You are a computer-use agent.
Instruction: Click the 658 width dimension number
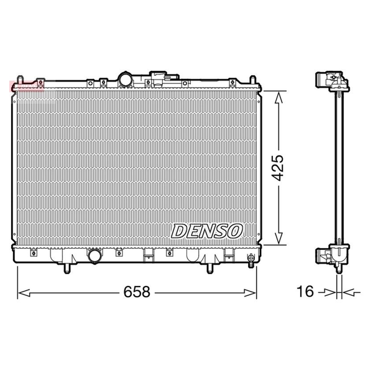click(137, 292)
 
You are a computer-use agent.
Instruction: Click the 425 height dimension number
click(278, 168)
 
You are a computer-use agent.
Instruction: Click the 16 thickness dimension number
click(305, 291)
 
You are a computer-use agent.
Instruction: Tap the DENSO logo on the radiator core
click(206, 231)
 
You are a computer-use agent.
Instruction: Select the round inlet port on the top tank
click(126, 79)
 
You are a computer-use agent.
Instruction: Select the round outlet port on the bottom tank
click(95, 256)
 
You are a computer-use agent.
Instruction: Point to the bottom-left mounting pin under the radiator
click(67, 269)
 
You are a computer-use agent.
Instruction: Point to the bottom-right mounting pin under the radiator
click(210, 269)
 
